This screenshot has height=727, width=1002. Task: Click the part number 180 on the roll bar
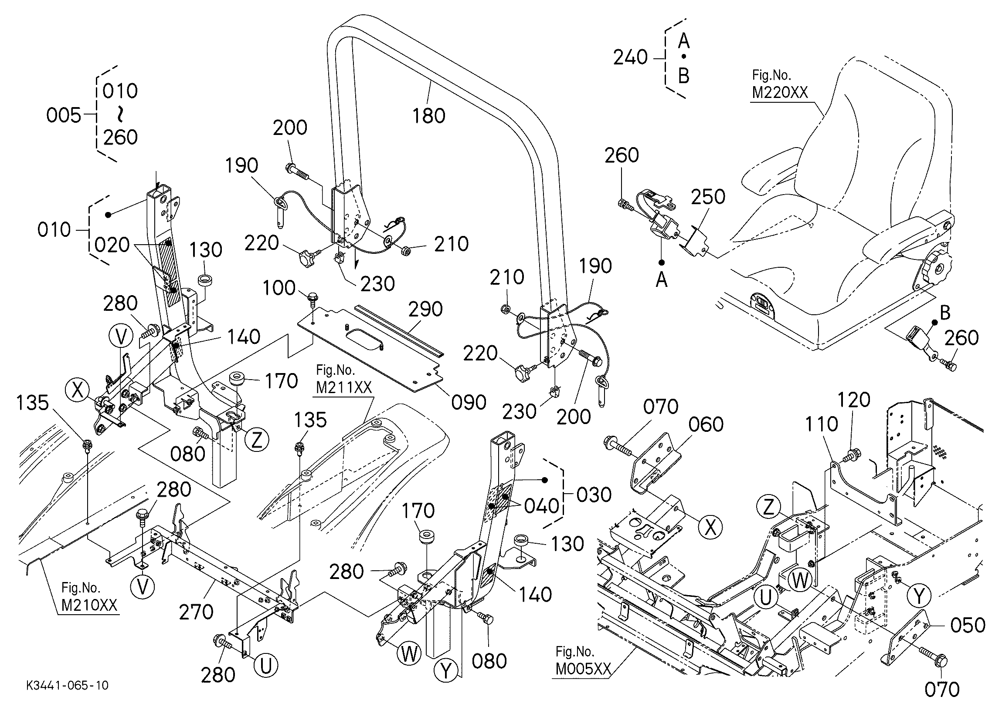428,116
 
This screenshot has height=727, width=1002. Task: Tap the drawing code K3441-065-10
67,686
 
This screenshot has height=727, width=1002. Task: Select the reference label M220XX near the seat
780,93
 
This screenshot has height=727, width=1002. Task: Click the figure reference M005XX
583,669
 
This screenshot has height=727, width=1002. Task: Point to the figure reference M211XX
344,387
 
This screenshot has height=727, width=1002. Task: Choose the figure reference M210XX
89,605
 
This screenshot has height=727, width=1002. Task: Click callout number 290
425,310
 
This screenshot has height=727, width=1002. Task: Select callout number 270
196,612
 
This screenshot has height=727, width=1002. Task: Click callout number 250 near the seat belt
708,197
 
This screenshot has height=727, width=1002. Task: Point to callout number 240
631,57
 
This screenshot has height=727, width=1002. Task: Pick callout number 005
64,116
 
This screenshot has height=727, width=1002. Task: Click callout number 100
279,288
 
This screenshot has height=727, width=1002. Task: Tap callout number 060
706,424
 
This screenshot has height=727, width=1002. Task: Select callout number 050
968,625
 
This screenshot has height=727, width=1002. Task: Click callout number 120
853,400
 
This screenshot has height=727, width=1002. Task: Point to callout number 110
821,424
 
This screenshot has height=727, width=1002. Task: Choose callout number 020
112,245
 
